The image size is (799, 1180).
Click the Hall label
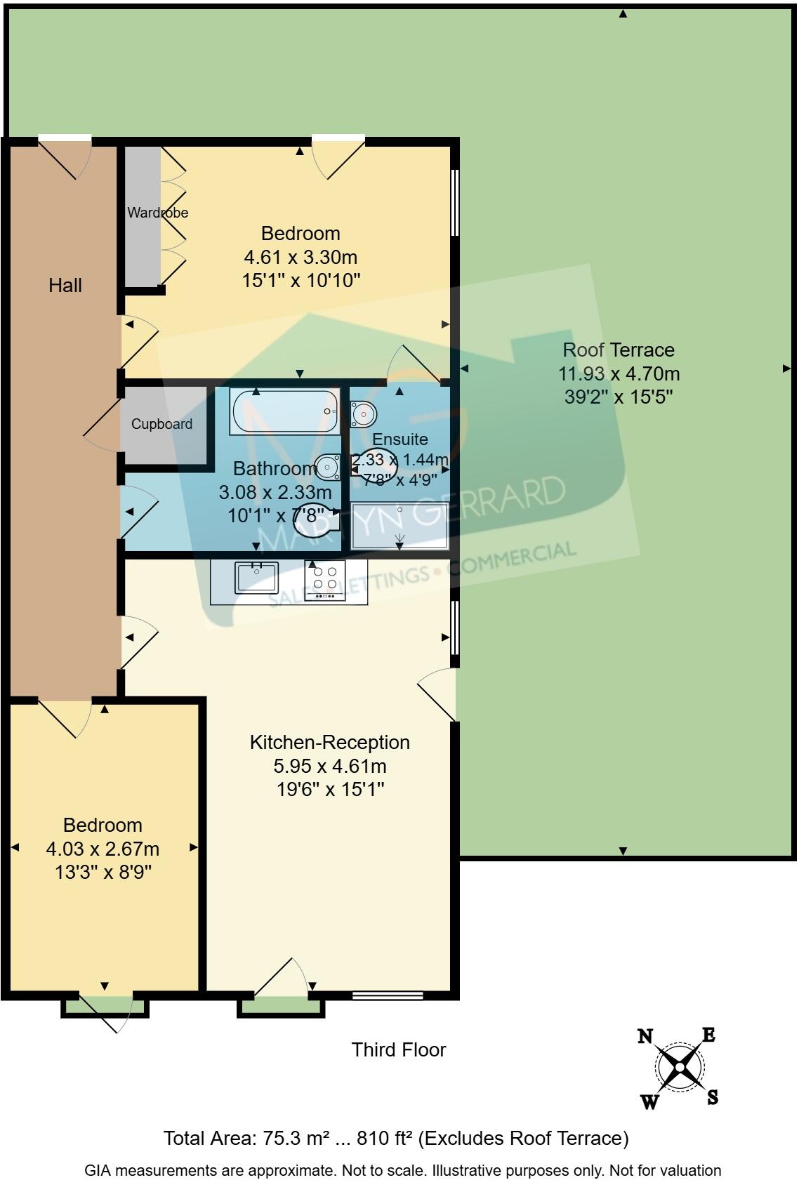(65, 285)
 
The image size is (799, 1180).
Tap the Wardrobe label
(157, 212)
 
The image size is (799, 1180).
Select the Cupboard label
(161, 424)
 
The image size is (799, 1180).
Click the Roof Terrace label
(619, 350)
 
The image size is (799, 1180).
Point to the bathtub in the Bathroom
(285, 411)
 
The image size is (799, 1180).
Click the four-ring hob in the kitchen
(325, 580)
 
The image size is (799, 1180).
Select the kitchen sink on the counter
(256, 578)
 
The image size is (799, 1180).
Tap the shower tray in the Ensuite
(399, 526)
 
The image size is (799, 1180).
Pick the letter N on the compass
(645, 1036)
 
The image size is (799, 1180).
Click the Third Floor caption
(398, 1050)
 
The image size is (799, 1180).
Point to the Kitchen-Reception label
(329, 742)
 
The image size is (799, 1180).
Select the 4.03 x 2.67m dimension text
(103, 849)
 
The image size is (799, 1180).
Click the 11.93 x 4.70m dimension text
(619, 373)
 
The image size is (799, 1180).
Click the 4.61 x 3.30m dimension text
(301, 257)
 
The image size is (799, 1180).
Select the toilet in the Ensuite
(363, 414)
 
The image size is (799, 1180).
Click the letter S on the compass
(712, 1097)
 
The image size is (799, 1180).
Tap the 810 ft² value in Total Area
(384, 1139)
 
